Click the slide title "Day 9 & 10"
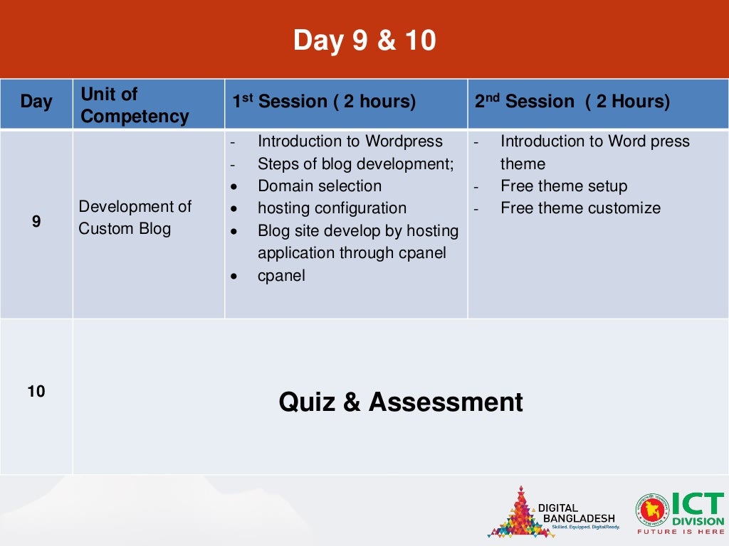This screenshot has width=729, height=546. click(x=364, y=41)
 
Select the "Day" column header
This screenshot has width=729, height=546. click(x=36, y=102)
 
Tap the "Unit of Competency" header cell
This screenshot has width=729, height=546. click(x=135, y=105)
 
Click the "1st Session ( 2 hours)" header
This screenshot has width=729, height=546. click(x=324, y=102)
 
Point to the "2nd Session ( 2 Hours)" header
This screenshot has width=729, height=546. click(x=572, y=102)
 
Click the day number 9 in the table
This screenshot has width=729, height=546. click(x=36, y=222)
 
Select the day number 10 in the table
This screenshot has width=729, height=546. click(x=36, y=391)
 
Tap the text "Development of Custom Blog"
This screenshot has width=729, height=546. click(x=135, y=218)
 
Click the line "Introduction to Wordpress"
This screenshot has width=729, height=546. click(x=350, y=141)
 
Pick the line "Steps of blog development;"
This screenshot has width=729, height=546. click(x=355, y=164)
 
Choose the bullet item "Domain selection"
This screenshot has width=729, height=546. click(x=319, y=186)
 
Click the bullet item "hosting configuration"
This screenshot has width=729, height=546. click(x=332, y=208)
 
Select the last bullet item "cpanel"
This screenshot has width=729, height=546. click(x=281, y=276)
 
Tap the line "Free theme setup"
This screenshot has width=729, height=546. click(x=563, y=186)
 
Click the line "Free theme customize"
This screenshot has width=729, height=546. click(x=580, y=208)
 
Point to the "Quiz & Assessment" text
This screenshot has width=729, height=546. click(x=400, y=402)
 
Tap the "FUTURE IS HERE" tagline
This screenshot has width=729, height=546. click(x=680, y=532)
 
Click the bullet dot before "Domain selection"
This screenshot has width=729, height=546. click(x=234, y=187)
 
